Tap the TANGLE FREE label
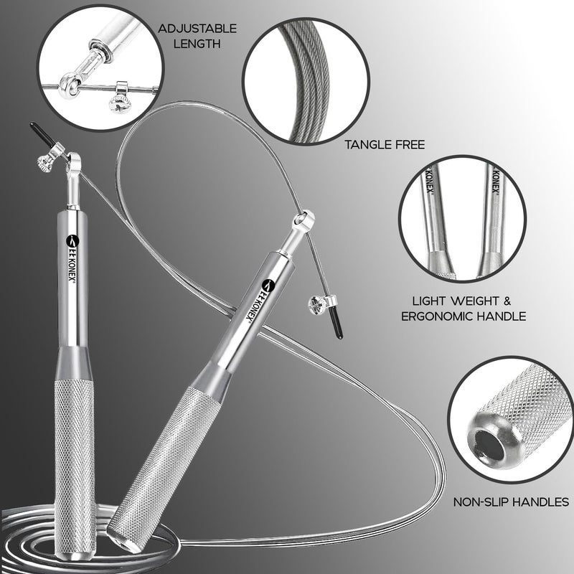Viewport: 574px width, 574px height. [385, 145]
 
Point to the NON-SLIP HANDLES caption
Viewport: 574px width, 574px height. [511, 502]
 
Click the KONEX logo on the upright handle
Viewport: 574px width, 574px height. [72, 262]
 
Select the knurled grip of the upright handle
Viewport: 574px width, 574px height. [75, 459]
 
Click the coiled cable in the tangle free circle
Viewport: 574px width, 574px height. [301, 79]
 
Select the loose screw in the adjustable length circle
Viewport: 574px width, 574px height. [118, 101]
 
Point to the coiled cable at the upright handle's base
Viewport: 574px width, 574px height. [29, 531]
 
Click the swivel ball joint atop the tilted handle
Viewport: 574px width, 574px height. [303, 219]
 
